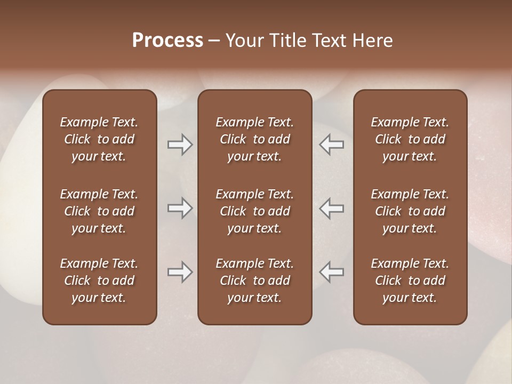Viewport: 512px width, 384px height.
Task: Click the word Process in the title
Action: (x=167, y=41)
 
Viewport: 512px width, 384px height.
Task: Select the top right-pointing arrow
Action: (x=180, y=145)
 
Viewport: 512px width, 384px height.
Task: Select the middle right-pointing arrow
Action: (x=180, y=209)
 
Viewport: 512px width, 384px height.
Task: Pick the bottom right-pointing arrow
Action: (x=180, y=272)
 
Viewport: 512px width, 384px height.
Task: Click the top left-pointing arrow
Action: (x=331, y=145)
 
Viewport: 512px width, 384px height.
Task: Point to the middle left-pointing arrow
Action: (x=331, y=209)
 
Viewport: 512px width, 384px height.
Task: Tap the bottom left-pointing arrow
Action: (x=331, y=272)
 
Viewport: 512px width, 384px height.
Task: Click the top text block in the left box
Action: (x=99, y=139)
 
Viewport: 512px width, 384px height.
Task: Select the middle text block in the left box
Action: (x=99, y=211)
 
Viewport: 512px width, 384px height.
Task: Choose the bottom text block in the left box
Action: (x=99, y=281)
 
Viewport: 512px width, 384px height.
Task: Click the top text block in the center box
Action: (x=254, y=139)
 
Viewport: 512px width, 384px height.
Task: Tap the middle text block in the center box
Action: (x=254, y=211)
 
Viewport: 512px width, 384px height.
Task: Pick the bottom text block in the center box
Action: (x=254, y=281)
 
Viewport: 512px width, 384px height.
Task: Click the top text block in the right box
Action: (x=410, y=139)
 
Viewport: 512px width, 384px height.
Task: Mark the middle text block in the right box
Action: (x=410, y=211)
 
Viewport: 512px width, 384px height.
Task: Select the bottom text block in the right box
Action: (x=410, y=281)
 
